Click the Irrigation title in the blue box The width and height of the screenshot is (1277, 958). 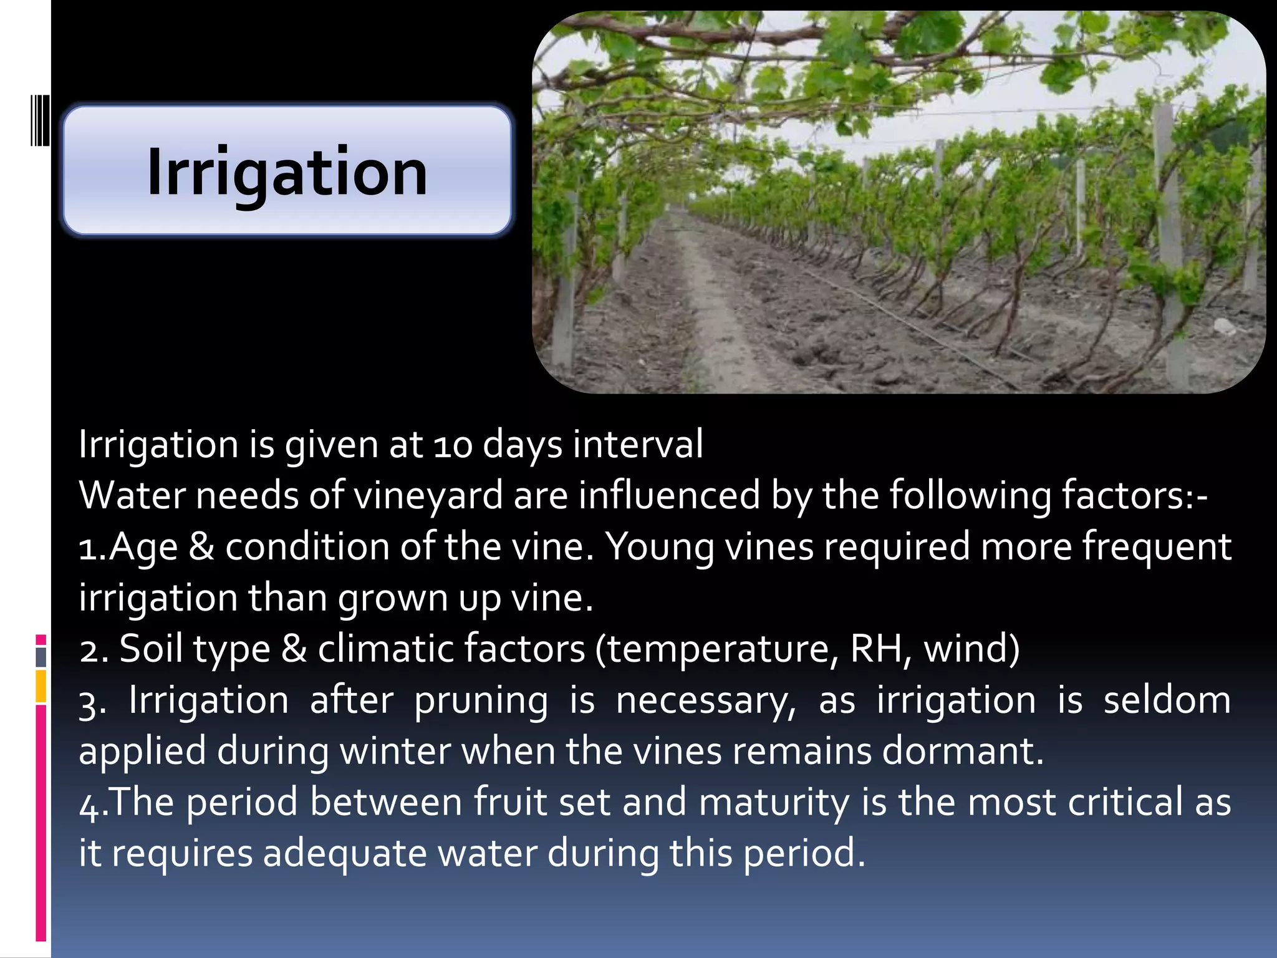coord(287,172)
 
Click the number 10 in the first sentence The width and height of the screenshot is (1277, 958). coord(453,445)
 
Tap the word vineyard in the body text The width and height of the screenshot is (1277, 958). coord(428,496)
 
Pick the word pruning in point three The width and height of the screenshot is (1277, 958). coord(481,700)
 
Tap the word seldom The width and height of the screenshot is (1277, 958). coord(1167,700)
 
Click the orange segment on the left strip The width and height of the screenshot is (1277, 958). coord(41,686)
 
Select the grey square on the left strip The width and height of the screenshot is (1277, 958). coord(41,657)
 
